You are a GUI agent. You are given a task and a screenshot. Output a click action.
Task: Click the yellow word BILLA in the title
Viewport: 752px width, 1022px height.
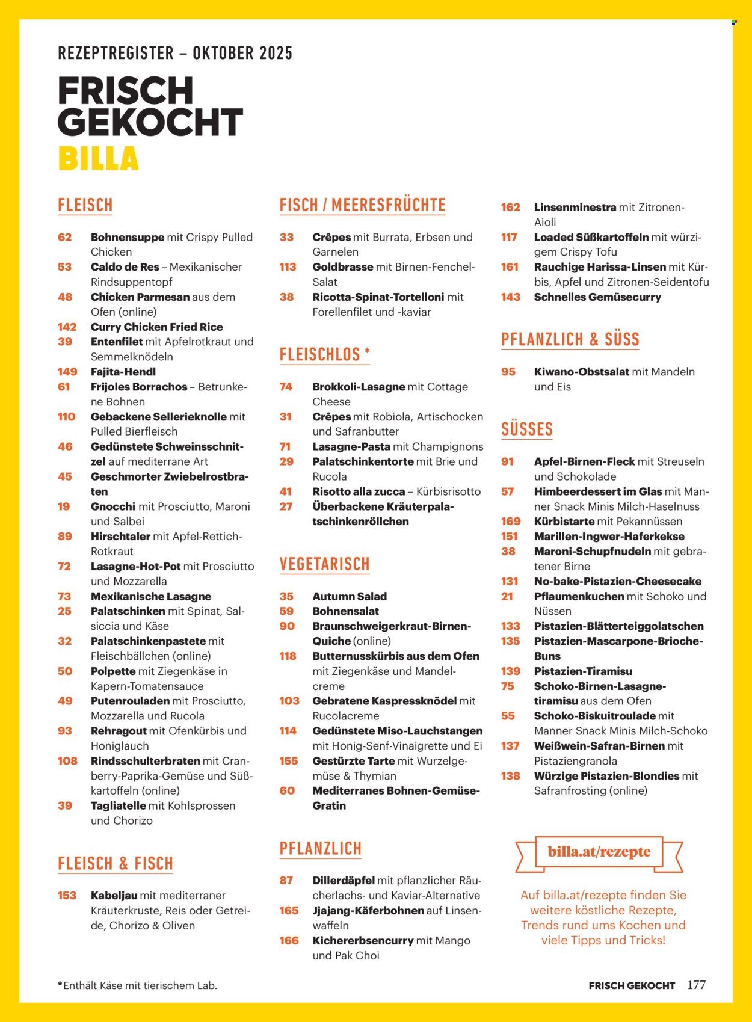(x=98, y=159)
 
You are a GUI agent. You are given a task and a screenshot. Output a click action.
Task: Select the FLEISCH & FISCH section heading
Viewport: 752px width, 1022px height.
(x=116, y=864)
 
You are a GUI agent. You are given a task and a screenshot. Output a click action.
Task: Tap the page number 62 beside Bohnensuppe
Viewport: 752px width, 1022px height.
(x=65, y=237)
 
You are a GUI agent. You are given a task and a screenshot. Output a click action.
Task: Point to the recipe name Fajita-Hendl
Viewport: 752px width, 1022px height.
(x=123, y=372)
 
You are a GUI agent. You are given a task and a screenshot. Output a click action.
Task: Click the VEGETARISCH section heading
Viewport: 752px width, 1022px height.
(x=324, y=564)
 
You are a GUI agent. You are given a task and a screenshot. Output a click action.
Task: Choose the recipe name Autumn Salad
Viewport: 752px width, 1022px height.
(x=350, y=596)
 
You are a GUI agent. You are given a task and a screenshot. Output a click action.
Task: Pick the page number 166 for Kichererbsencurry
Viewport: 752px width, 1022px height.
(x=289, y=940)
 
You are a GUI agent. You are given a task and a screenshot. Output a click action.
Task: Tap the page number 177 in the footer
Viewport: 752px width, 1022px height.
(x=696, y=985)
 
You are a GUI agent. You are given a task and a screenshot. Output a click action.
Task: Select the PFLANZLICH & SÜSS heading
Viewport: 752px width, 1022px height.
(x=570, y=339)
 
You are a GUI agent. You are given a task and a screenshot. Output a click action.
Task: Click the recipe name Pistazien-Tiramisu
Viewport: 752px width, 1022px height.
(x=583, y=671)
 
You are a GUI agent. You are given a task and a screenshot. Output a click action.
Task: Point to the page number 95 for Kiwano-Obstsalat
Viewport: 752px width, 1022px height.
(x=508, y=372)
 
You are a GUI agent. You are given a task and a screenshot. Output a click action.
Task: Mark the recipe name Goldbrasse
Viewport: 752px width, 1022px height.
(x=343, y=266)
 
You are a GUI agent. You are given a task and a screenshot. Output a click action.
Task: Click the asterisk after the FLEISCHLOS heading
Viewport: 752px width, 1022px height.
(x=367, y=352)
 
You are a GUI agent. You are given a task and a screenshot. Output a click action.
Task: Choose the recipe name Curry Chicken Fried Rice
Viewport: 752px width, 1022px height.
(x=157, y=327)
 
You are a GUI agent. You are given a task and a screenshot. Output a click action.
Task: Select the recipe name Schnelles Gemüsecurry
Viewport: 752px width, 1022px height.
(x=597, y=297)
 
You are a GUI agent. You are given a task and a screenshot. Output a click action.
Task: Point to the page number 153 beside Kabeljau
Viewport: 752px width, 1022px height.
(x=67, y=895)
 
